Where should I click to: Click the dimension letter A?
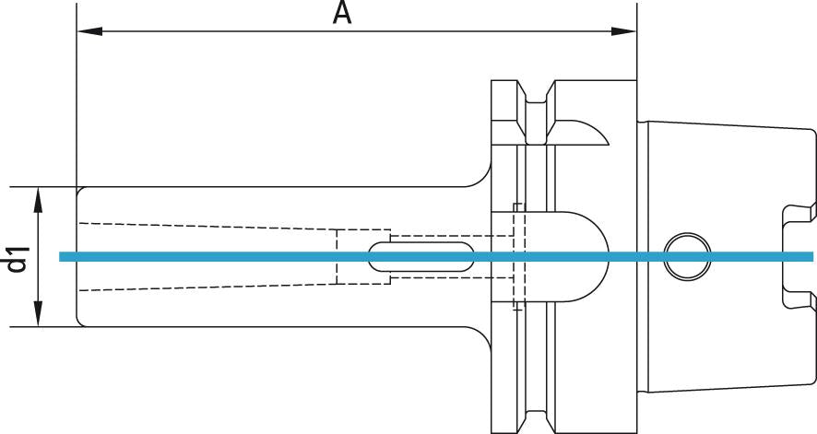tap(342, 14)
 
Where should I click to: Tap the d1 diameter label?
tap(16, 257)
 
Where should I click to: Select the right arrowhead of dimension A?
tap(624, 31)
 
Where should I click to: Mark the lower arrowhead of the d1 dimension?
tap(38, 316)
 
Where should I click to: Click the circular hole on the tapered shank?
tap(687, 255)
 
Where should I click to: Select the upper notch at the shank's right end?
tap(799, 214)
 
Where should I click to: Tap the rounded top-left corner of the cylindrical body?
tap(80, 191)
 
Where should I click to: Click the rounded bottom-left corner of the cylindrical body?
tap(80, 321)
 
